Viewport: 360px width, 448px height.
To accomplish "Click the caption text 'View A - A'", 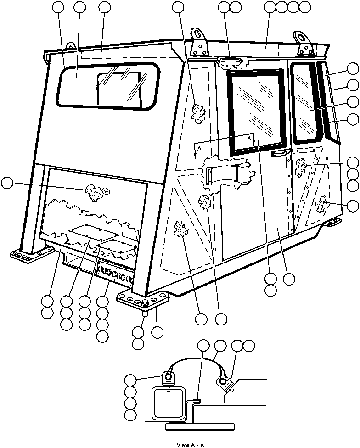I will [x=190, y=445].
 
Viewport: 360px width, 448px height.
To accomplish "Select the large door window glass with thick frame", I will [x=257, y=110].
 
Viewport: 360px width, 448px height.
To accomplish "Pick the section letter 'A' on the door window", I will [x=249, y=138].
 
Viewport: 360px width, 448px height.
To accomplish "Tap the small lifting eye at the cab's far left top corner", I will [x=70, y=45].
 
